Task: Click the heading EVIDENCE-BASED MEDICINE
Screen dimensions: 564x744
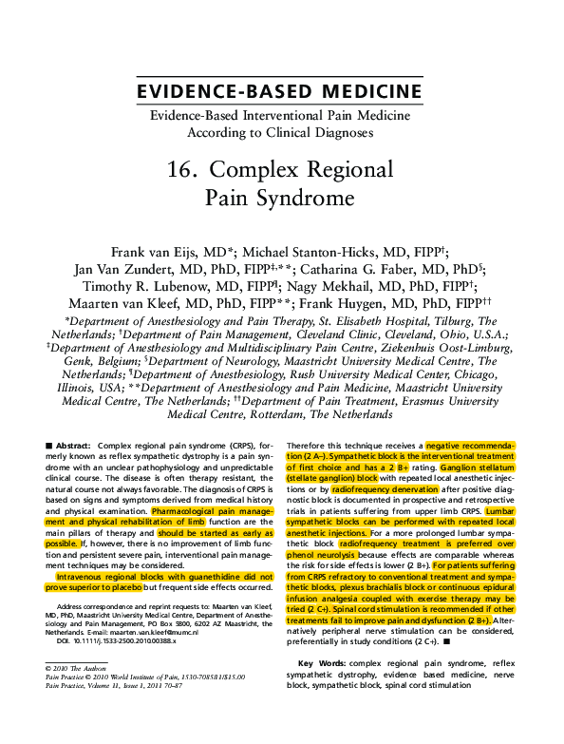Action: [x=280, y=91]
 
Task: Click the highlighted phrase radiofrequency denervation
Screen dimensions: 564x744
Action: [x=385, y=489]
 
